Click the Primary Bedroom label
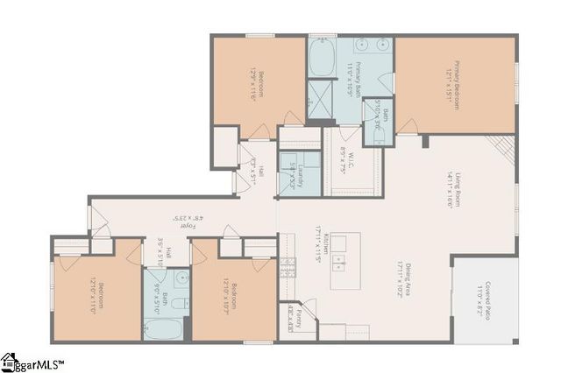click(x=452, y=86)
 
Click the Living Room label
click(x=452, y=188)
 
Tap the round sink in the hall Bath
click(x=181, y=278)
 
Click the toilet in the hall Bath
click(x=176, y=304)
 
